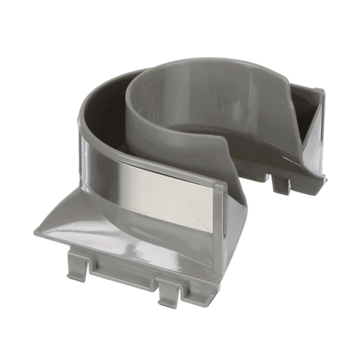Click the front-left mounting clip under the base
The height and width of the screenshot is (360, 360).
coord(80,266)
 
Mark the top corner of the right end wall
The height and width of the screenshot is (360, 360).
coord(319,90)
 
